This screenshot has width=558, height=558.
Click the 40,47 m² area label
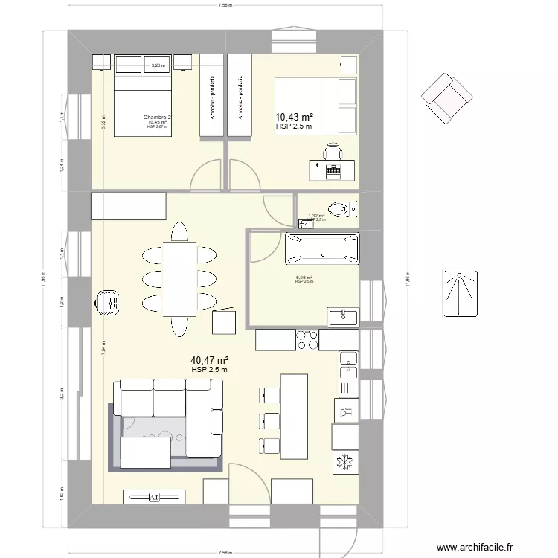209,360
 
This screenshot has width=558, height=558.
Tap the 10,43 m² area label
294,117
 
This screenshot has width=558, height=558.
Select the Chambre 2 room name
158,118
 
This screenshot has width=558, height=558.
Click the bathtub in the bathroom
322,248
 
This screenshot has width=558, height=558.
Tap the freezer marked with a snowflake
344,461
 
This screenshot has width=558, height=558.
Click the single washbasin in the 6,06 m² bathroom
343,318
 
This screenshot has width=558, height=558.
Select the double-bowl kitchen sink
348,372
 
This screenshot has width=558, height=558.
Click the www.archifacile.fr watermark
475,548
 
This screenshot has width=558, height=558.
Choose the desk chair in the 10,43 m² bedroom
332,153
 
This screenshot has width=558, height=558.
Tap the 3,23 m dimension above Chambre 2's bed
158,66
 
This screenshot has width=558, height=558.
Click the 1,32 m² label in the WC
315,216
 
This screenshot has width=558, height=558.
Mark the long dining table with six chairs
179,279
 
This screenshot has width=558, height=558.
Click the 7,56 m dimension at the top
226,4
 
